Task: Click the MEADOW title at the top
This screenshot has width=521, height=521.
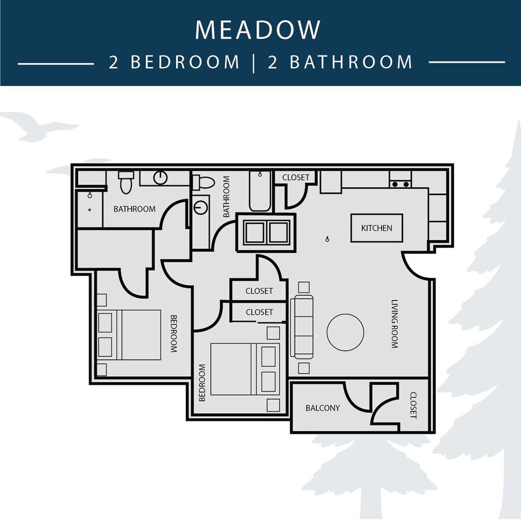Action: click(258, 30)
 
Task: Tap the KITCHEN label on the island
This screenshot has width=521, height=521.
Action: click(376, 228)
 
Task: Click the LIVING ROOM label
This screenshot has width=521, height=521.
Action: click(394, 324)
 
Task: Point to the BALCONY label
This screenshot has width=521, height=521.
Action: click(322, 408)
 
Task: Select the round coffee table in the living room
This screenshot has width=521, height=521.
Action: click(345, 332)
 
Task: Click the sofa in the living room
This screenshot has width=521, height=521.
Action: click(302, 326)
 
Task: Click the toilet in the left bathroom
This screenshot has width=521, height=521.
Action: click(126, 182)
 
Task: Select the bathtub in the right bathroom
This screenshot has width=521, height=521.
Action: click(260, 191)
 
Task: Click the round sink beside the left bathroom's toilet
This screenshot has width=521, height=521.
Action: click(160, 178)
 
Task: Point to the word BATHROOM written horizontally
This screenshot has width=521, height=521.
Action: click(134, 209)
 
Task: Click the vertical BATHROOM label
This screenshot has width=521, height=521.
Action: click(226, 196)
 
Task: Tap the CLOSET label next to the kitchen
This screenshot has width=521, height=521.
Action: click(296, 178)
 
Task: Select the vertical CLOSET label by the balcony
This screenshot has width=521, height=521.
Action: click(413, 405)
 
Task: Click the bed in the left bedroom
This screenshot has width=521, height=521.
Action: click(129, 335)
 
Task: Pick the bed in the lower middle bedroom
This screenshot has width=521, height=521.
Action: click(245, 369)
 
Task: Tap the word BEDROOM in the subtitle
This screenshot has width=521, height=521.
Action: click(185, 62)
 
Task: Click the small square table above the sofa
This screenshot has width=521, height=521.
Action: click(304, 287)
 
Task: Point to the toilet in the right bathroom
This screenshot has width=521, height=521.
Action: click(204, 183)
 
